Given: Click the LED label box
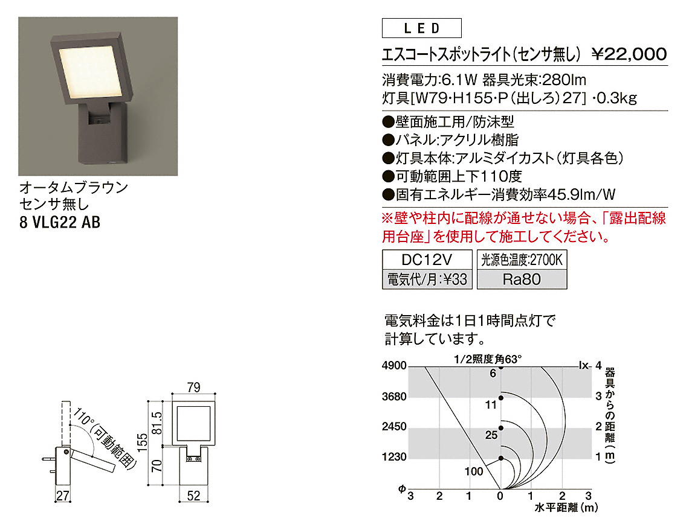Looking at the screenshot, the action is [421, 28].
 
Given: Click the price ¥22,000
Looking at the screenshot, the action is [629, 54].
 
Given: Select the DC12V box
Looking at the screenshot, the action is [427, 260].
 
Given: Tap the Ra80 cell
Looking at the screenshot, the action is [522, 279].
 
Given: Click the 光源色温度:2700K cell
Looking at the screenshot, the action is [522, 260].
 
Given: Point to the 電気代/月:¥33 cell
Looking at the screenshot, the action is [427, 279].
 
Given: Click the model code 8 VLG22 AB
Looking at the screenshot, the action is [60, 222].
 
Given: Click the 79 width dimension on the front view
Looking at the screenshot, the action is [193, 388].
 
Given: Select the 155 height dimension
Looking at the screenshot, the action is [143, 442].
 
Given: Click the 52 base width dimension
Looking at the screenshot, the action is [194, 496].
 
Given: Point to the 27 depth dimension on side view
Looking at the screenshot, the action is [62, 496].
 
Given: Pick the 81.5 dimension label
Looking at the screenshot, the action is [157, 423].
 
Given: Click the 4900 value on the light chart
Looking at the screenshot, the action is [394, 366].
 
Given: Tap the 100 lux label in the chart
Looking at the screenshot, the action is [474, 471].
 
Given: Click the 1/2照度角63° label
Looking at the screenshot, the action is [488, 359].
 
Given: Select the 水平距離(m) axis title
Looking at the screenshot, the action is [566, 508].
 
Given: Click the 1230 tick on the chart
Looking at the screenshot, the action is [394, 457].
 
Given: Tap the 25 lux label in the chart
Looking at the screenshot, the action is [491, 435].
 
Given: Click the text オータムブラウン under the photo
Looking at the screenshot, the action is [73, 187].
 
